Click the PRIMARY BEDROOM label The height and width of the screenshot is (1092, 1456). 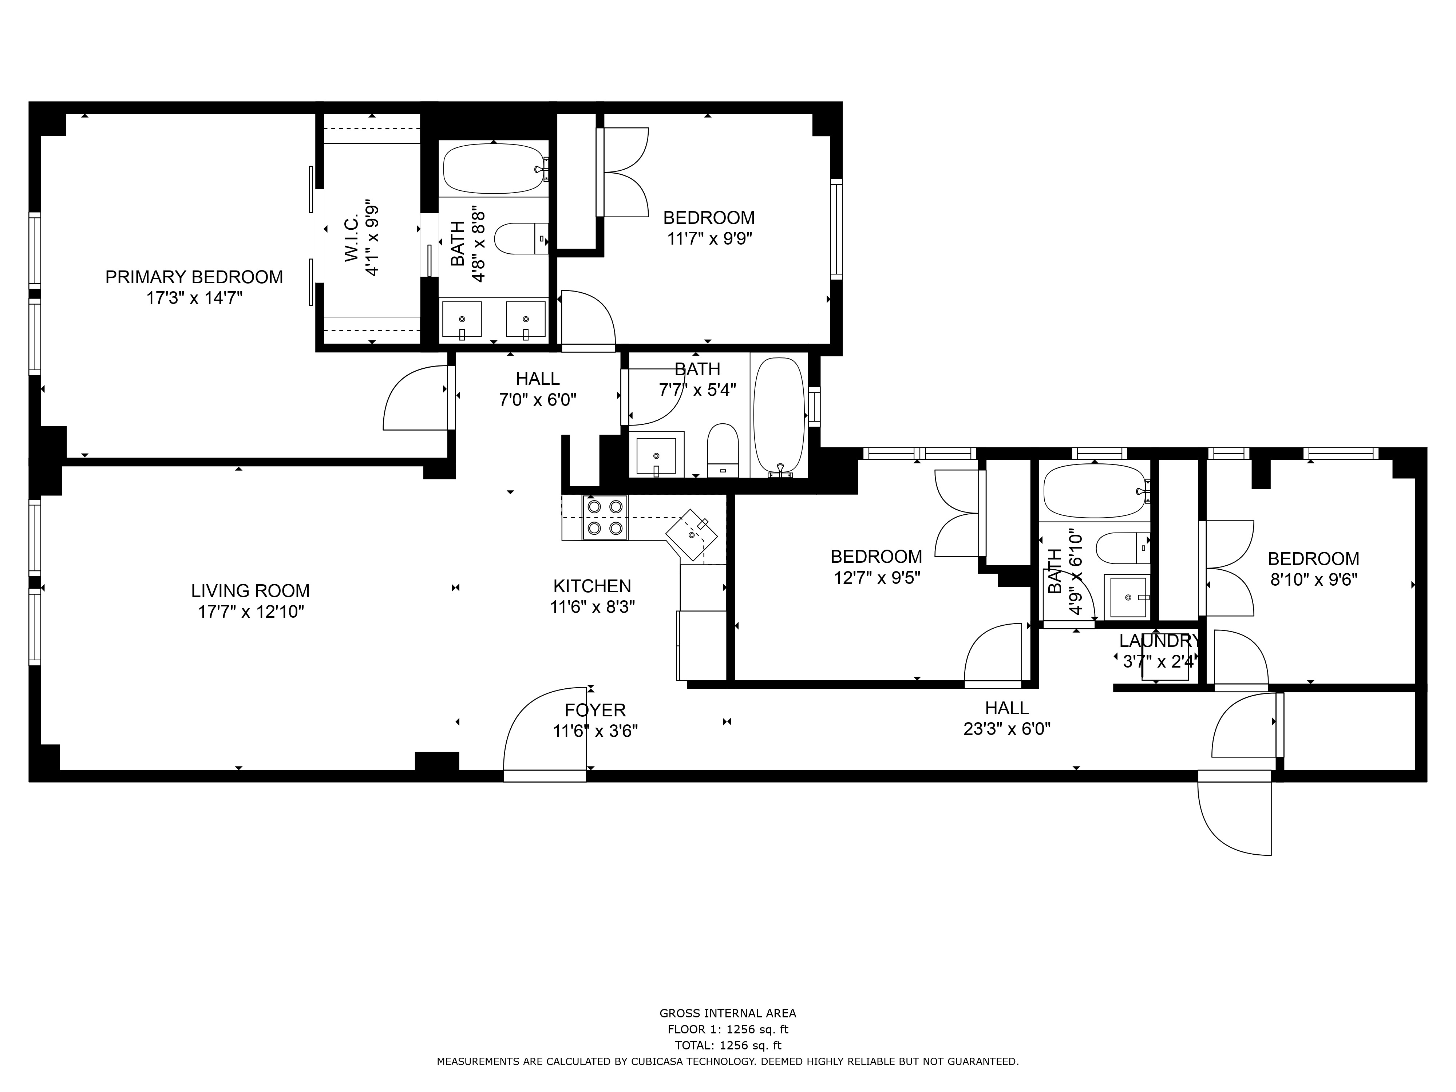point(194,277)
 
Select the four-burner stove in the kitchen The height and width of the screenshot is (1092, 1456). point(605,517)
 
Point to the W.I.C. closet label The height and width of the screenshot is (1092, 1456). point(352,237)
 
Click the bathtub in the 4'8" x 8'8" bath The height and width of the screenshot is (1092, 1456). point(494,169)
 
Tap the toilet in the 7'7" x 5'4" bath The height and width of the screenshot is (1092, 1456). point(723,450)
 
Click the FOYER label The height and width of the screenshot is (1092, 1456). point(595,710)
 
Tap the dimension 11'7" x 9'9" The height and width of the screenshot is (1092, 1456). point(709,238)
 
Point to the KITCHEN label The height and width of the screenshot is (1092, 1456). point(592,586)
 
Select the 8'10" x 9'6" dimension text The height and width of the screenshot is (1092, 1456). point(1313,580)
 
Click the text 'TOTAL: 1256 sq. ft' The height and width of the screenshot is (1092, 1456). point(728,1045)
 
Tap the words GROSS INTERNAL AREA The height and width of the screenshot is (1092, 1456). point(728,1014)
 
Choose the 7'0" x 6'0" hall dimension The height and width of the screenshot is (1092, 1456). point(538,400)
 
